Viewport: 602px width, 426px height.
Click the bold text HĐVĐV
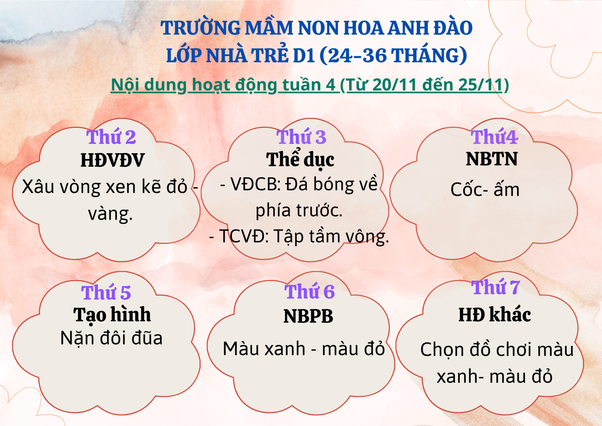click(113, 160)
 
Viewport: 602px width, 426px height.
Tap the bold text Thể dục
click(300, 159)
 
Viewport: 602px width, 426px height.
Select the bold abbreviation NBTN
click(492, 159)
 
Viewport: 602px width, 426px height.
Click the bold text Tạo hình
click(112, 315)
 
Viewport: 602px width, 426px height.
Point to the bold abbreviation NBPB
click(308, 316)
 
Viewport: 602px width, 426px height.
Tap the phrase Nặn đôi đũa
click(112, 338)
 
